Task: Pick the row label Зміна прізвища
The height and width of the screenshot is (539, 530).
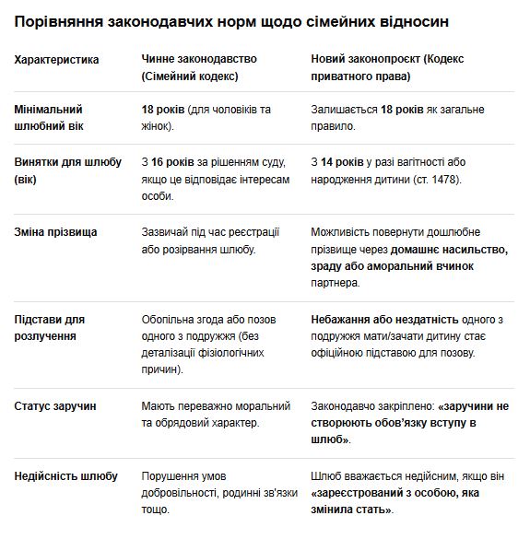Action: [55, 232]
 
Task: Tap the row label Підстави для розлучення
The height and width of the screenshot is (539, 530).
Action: [52, 328]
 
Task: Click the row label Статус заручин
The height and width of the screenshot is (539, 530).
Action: [55, 405]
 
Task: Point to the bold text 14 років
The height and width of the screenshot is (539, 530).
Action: [345, 162]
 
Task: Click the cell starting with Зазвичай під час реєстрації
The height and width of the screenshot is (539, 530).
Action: [210, 240]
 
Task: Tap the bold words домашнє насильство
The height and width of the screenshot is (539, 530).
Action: [449, 249]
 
